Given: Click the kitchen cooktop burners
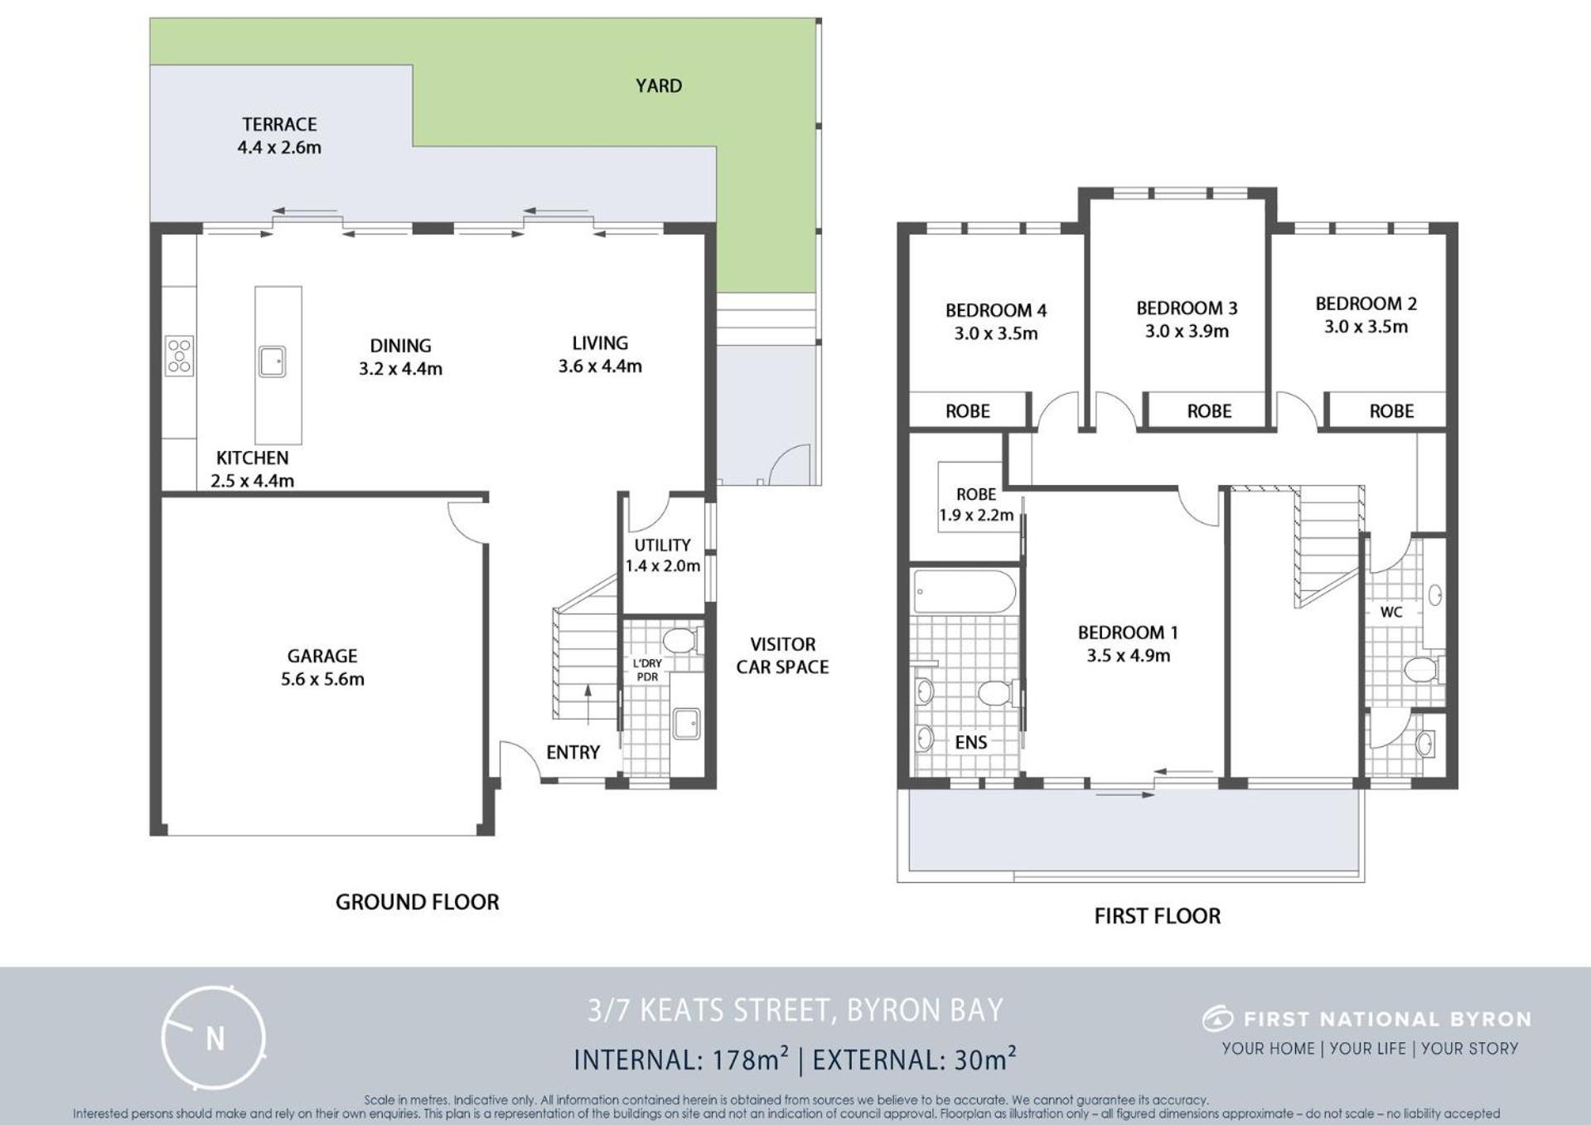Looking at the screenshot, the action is pyautogui.click(x=179, y=356).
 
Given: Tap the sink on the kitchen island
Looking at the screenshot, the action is pyautogui.click(x=273, y=361).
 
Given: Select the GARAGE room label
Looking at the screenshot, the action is pyautogui.click(x=322, y=656).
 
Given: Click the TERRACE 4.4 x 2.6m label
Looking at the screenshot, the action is pyautogui.click(x=279, y=136).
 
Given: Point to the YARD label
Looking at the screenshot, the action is pyautogui.click(x=659, y=85).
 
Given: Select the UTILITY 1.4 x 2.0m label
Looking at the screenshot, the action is pyautogui.click(x=662, y=555).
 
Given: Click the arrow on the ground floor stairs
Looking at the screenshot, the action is pyautogui.click(x=588, y=705).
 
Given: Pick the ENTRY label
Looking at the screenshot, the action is pyautogui.click(x=573, y=752).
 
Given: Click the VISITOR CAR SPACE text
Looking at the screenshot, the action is pyautogui.click(x=782, y=656).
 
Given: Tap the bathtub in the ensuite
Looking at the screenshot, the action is pyautogui.click(x=964, y=591).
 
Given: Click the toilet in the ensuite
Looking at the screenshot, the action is pyautogui.click(x=998, y=691).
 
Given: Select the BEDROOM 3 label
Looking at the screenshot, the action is pyautogui.click(x=1187, y=308).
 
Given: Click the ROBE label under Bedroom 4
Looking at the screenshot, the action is pyautogui.click(x=968, y=411).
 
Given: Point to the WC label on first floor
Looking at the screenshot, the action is pyautogui.click(x=1391, y=612).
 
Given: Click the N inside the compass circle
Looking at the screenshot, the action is pyautogui.click(x=215, y=1039).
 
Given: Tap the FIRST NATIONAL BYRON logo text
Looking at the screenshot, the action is pyautogui.click(x=1387, y=1019).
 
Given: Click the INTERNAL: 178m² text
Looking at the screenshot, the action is pyautogui.click(x=680, y=1060).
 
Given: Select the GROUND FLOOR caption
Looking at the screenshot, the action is pyautogui.click(x=417, y=902).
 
